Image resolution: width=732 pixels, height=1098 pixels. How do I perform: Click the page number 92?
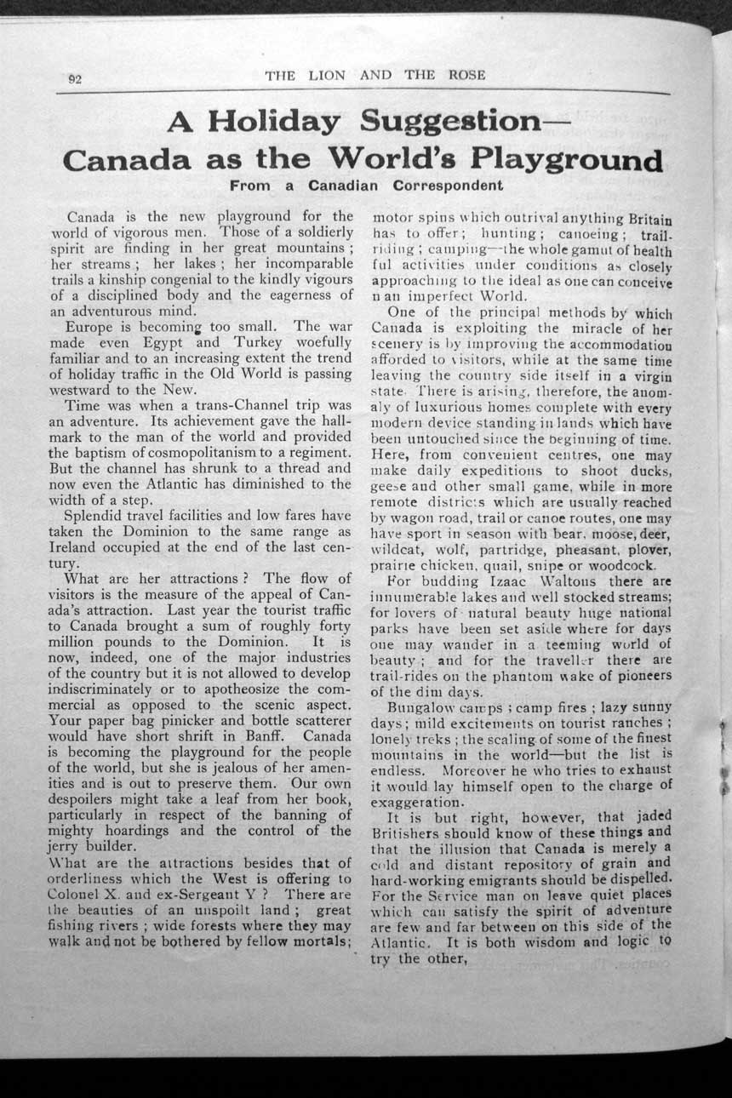(74, 79)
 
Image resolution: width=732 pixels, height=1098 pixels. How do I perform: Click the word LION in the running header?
(328, 76)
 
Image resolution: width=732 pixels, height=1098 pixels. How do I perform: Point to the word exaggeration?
(418, 802)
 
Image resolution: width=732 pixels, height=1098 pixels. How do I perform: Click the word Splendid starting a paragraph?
(99, 516)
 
